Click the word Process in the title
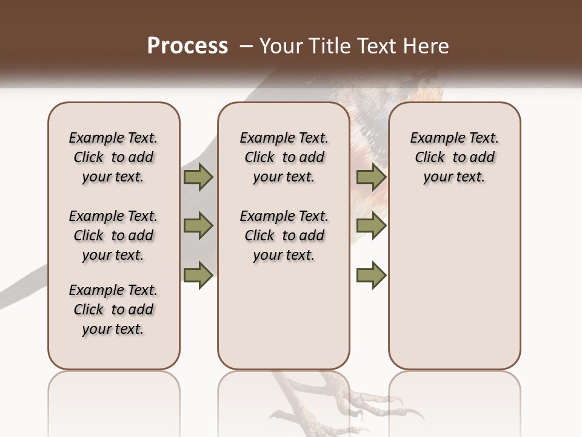[x=187, y=46]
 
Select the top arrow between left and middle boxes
[x=198, y=177]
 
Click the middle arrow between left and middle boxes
[x=198, y=226]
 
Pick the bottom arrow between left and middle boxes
[x=198, y=275]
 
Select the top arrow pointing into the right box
[x=371, y=177]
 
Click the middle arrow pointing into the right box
[x=371, y=226]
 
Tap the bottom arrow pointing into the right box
[x=371, y=275]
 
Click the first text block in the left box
[x=113, y=157]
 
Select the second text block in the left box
[x=113, y=235]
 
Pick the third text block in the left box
[x=113, y=310]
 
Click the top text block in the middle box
[x=284, y=157]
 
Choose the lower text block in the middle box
[x=284, y=235]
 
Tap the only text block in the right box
[x=454, y=157]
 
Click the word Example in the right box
[x=433, y=138]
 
